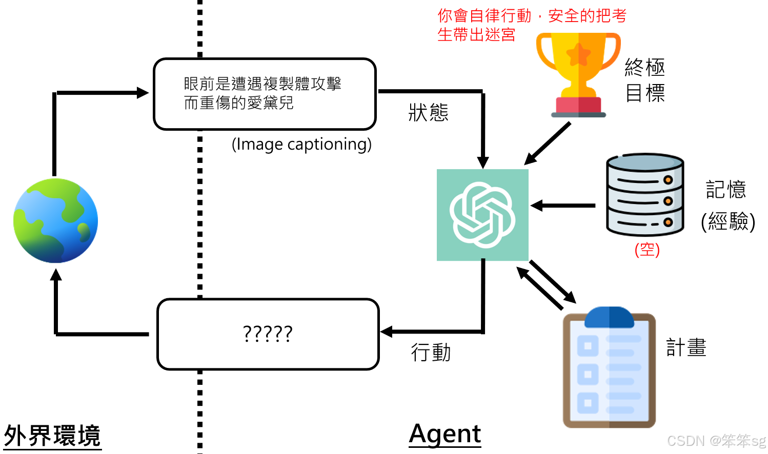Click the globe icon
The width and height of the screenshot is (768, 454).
tap(55, 220)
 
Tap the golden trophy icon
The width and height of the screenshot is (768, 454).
tap(578, 74)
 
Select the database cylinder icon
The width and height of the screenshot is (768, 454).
tap(645, 195)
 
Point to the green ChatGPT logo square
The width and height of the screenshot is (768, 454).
tap(482, 215)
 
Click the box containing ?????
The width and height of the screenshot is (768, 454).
tap(268, 334)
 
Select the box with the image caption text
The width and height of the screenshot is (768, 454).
tap(265, 94)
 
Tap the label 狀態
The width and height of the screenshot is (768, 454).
tap(428, 113)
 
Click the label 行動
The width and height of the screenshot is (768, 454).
tap(431, 353)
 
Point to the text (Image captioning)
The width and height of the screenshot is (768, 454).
tap(301, 145)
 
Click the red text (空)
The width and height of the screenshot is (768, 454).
tap(647, 250)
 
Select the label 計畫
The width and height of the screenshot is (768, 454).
tap(686, 347)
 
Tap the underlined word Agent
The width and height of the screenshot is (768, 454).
tap(445, 434)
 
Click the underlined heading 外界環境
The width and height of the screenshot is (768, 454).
tap(52, 436)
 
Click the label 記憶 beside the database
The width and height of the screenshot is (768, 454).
tap(726, 190)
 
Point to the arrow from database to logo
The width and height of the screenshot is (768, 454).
tap(563, 206)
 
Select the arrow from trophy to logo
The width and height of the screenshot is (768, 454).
tap(548, 143)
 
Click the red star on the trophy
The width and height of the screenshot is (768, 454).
tap(579, 54)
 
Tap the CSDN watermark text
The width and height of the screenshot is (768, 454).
tap(716, 441)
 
